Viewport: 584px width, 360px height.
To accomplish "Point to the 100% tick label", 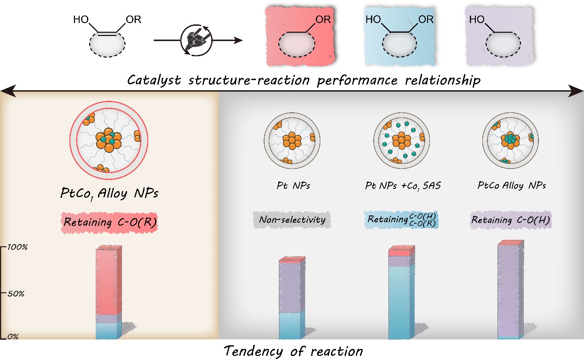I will coord(19,247).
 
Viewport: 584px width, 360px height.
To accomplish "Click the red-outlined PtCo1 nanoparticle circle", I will coord(109,138).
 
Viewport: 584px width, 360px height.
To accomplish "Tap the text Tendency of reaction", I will coord(293,351).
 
